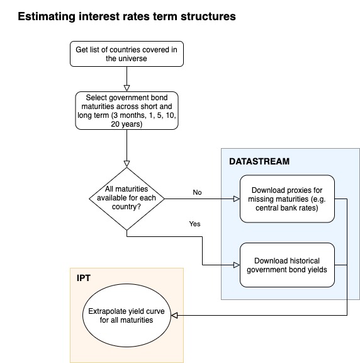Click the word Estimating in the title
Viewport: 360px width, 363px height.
pyautogui.click(x=47, y=16)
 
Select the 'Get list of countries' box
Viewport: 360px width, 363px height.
pyautogui.click(x=127, y=54)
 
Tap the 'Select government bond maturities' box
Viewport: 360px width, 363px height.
pyautogui.click(x=127, y=111)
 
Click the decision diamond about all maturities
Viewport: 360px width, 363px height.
pyautogui.click(x=127, y=199)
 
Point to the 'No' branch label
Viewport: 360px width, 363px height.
pyautogui.click(x=197, y=192)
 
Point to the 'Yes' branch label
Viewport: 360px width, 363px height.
pyautogui.click(x=194, y=224)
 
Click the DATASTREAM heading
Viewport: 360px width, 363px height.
pyautogui.click(x=259, y=161)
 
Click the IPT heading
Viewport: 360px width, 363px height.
pyautogui.click(x=84, y=278)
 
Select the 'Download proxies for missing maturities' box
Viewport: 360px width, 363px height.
pyautogui.click(x=287, y=199)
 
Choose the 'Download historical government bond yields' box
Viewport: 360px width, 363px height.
pyautogui.click(x=287, y=265)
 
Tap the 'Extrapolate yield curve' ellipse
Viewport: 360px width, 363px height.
pyautogui.click(x=127, y=315)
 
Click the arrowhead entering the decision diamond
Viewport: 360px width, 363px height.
pyautogui.click(x=127, y=164)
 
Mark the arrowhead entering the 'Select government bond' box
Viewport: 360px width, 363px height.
pyautogui.click(x=127, y=88)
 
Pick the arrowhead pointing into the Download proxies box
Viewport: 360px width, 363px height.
pyautogui.click(x=237, y=199)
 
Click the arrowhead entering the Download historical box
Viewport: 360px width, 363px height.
pyautogui.click(x=237, y=265)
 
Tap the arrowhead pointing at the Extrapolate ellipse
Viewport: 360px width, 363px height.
pyautogui.click(x=174, y=315)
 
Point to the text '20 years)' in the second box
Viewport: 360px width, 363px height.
pyautogui.click(x=127, y=124)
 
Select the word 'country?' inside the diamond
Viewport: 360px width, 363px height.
pyautogui.click(x=127, y=207)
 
